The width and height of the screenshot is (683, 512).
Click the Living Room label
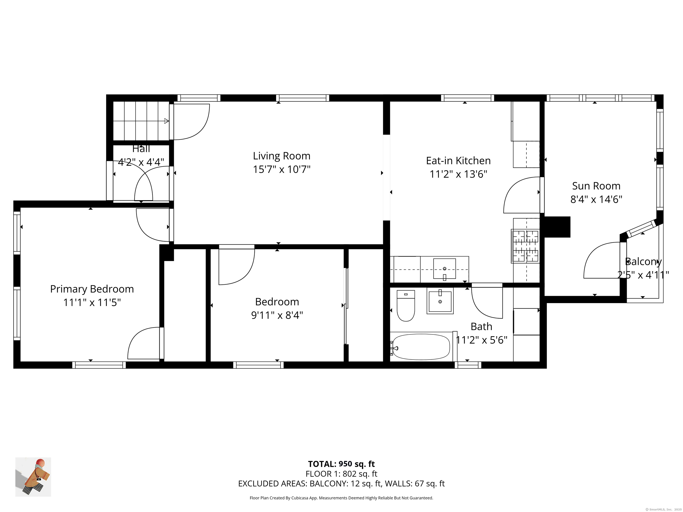coord(282,156)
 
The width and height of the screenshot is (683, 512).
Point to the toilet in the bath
coord(406,306)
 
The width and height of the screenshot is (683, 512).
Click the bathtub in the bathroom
coord(421,347)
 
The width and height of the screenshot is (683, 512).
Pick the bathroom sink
coord(440,301)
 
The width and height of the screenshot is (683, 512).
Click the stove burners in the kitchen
coord(525,246)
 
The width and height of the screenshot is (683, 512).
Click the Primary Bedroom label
coord(92,289)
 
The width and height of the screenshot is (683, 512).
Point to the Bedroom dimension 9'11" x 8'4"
coord(277,315)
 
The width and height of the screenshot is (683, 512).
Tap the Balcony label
coord(643,262)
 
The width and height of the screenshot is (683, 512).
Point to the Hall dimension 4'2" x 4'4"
coord(141,162)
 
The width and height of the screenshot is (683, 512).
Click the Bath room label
coord(481,326)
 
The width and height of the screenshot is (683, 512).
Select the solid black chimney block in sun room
coord(557,227)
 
